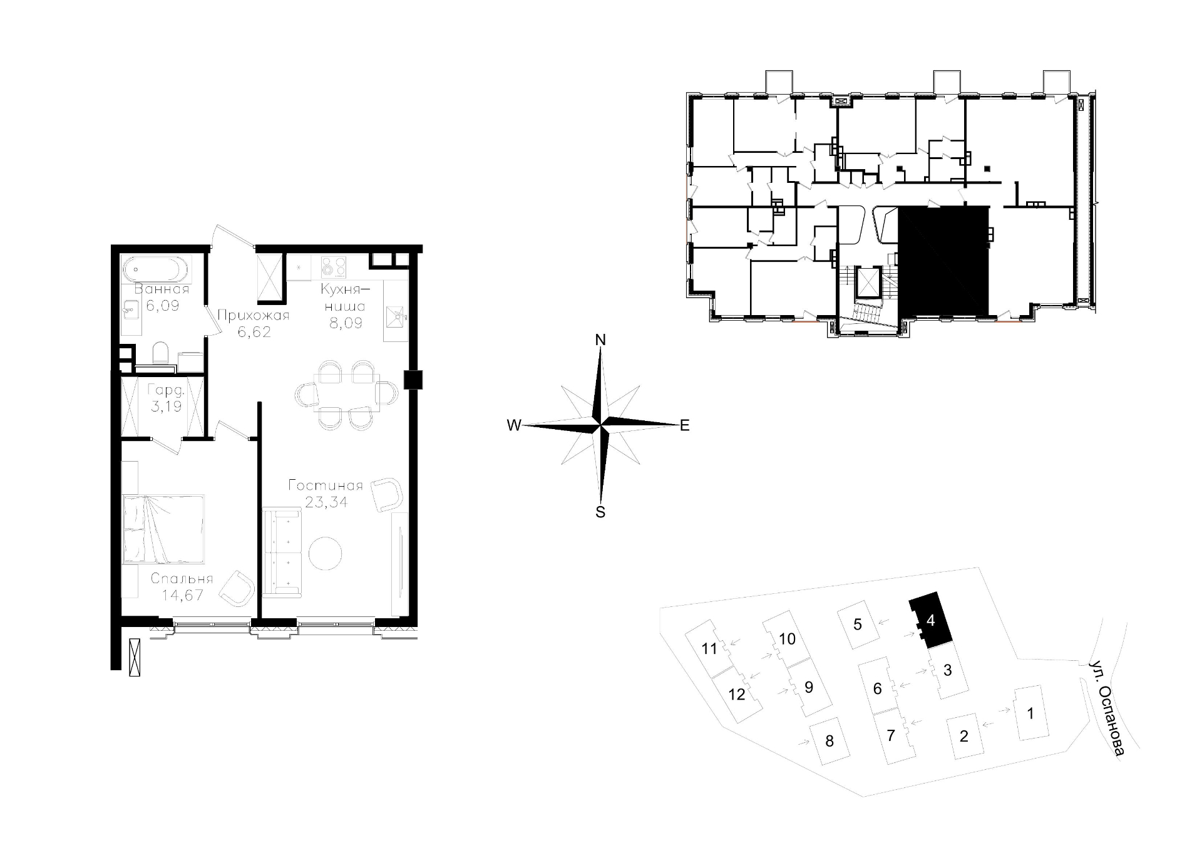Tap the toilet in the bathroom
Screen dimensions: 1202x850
[161, 353]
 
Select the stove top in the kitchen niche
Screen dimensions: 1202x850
[334, 267]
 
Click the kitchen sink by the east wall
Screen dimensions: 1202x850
[396, 317]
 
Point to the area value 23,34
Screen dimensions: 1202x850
[326, 502]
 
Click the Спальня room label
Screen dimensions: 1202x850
[182, 579]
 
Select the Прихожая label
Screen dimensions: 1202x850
[254, 315]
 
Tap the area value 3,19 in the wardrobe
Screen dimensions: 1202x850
[166, 406]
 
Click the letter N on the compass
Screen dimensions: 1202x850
[600, 339]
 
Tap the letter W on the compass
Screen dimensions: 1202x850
[514, 425]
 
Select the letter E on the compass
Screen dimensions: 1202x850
[685, 425]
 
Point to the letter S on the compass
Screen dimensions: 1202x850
[600, 512]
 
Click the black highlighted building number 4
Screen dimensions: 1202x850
[931, 620]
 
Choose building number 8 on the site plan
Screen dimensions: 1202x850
[830, 742]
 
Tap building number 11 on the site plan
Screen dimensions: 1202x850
[709, 648]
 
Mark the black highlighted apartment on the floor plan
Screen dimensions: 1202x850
[943, 261]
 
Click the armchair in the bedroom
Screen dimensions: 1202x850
[237, 588]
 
